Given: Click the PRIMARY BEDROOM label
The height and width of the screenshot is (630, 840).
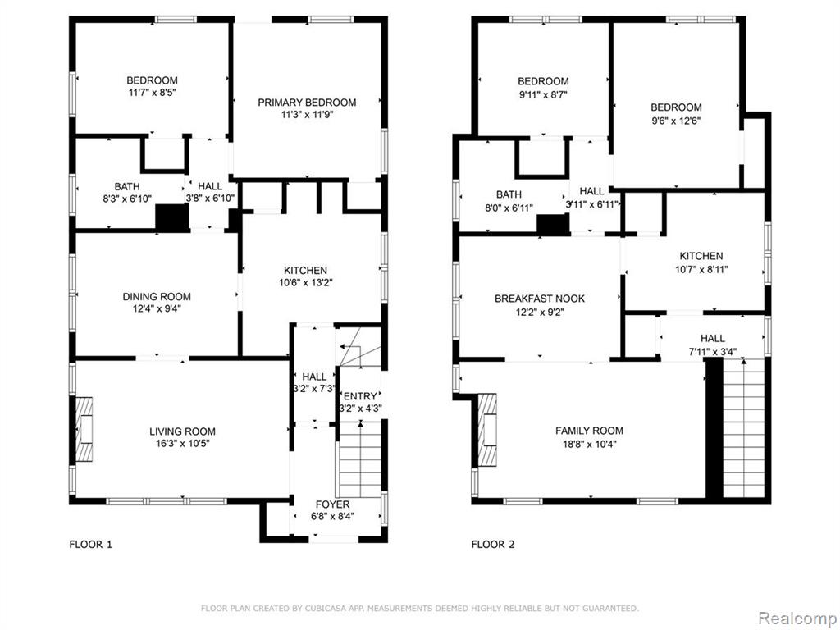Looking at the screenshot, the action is click(x=307, y=103).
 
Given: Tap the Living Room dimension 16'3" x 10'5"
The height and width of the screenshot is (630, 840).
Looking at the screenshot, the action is click(x=183, y=444).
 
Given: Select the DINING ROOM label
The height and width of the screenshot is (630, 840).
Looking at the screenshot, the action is click(x=157, y=296).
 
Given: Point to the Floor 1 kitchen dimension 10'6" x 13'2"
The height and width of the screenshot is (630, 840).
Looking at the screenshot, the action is click(x=306, y=283).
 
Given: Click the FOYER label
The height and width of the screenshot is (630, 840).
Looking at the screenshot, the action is click(x=333, y=504).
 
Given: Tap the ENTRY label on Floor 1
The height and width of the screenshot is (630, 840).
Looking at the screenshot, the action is click(x=360, y=396).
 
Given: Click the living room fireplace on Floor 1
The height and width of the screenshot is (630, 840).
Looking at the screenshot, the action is click(x=84, y=428).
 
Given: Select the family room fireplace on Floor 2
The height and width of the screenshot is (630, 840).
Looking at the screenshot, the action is click(x=487, y=430).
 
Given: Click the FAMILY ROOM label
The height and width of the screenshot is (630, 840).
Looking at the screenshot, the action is click(x=589, y=430).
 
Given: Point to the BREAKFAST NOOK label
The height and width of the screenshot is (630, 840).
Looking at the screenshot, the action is click(x=540, y=299).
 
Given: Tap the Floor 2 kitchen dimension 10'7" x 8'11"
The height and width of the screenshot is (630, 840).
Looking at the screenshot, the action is click(x=701, y=269).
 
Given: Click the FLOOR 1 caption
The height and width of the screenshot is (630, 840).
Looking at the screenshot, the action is click(x=90, y=545).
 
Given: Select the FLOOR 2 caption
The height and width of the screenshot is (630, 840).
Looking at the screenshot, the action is click(x=493, y=545).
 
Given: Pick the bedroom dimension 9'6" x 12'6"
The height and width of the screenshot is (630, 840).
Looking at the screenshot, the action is click(x=676, y=121).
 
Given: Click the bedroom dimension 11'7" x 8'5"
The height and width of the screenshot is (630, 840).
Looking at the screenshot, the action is click(x=152, y=93).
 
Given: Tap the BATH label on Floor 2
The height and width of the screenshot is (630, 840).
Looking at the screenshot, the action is click(x=509, y=194).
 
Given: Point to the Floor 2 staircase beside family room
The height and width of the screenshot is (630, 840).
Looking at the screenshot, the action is click(x=743, y=428).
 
